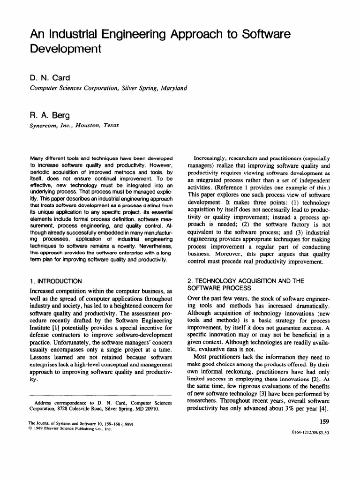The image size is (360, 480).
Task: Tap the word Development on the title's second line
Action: coord(66,49)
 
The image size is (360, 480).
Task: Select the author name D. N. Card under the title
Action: coord(52,78)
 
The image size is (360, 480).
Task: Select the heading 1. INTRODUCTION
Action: coord(56,281)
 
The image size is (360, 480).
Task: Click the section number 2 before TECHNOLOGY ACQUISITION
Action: coord(189,281)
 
